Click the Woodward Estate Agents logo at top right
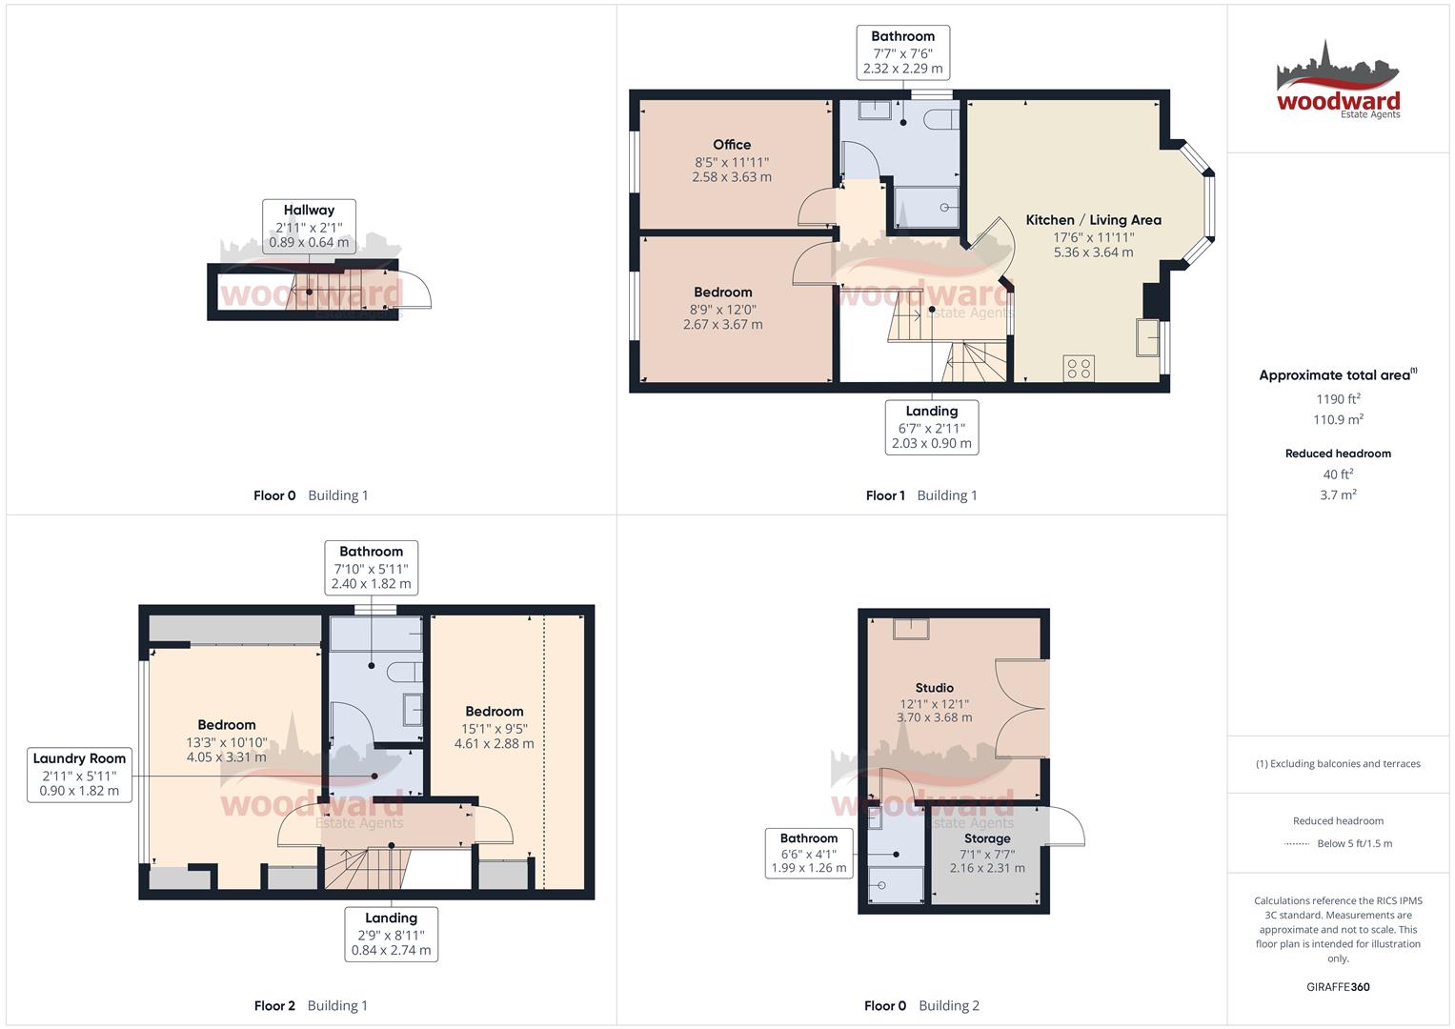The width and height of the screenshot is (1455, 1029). (1338, 81)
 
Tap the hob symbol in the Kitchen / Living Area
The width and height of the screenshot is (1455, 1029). (1079, 368)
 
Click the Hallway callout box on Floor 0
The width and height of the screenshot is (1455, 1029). (309, 226)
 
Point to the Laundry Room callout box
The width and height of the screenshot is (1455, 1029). (79, 774)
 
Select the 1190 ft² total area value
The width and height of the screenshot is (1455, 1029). (1338, 399)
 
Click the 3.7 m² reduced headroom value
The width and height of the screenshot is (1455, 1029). (1338, 494)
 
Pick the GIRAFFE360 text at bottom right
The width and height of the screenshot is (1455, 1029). (1338, 987)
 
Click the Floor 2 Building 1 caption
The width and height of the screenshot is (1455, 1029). (311, 1005)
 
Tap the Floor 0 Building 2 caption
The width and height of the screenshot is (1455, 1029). (921, 1005)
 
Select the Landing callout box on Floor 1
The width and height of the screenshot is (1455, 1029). (931, 427)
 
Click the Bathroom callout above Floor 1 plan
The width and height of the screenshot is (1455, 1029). (902, 52)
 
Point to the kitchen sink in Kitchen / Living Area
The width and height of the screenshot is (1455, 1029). (1148, 337)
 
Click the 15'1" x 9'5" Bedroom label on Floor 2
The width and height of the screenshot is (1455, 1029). (494, 727)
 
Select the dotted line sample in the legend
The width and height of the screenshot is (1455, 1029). (1297, 843)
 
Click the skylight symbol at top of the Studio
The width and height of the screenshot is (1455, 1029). (910, 629)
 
